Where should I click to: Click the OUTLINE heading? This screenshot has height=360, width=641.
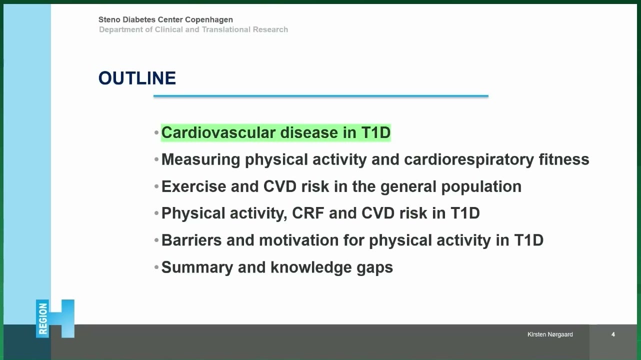click(x=137, y=78)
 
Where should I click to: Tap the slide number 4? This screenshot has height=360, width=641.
click(x=613, y=334)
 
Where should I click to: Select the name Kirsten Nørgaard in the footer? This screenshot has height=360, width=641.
click(x=550, y=334)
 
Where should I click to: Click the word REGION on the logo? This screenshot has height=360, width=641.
click(x=43, y=318)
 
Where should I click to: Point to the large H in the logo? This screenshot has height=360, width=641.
click(x=61, y=318)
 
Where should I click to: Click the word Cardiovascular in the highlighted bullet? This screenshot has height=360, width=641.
click(x=218, y=132)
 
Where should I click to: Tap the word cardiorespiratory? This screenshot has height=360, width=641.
click(x=468, y=159)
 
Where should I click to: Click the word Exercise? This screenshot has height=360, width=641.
click(x=193, y=186)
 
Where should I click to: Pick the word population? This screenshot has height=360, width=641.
click(x=481, y=187)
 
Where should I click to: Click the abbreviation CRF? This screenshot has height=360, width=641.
click(x=308, y=213)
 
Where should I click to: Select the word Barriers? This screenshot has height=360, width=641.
click(x=191, y=240)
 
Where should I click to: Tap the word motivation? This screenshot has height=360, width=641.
click(x=299, y=240)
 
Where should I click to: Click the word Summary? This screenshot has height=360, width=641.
click(x=197, y=267)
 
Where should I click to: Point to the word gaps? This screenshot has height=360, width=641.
click(x=374, y=268)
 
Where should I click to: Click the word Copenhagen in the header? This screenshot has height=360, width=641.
click(x=209, y=19)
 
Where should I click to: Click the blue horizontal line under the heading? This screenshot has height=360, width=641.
click(x=321, y=96)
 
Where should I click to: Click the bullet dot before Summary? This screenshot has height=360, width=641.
click(x=156, y=267)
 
